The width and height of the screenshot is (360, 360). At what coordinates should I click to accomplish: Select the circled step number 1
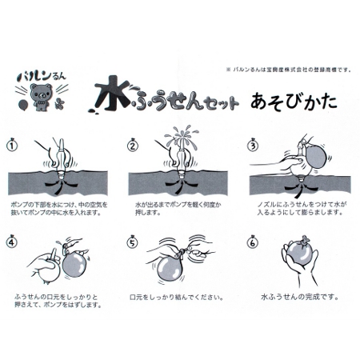(x=13, y=146)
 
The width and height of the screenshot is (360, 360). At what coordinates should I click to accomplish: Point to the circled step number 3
(x=253, y=146)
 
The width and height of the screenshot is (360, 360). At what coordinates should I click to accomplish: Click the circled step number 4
(x=13, y=241)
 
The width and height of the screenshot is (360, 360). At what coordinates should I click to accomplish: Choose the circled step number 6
(x=253, y=241)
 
